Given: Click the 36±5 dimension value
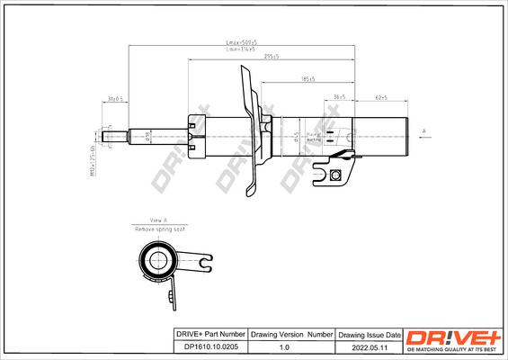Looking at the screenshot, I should pos(340,96).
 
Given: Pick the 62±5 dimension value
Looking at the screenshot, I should pos(381,96).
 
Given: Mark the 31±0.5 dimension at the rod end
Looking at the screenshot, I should pos(114,96).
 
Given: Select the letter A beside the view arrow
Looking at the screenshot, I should pos(423,131).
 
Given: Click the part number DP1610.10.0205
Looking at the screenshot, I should pos(209,345).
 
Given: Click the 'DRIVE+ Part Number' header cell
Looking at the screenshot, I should pos(209,333).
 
